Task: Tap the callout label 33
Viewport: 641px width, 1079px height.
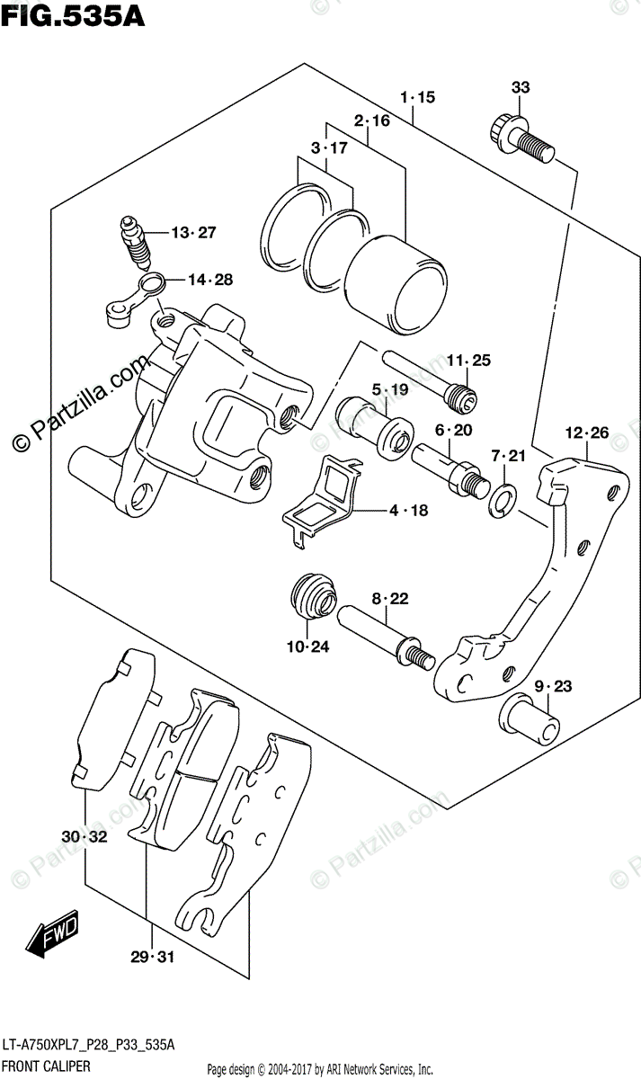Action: [x=521, y=87]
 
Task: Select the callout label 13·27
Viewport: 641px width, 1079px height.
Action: [x=194, y=233]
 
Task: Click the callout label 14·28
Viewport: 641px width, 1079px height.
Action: [x=210, y=280]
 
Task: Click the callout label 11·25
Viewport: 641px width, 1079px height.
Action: [x=469, y=361]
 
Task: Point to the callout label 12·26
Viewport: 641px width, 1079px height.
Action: [x=587, y=432]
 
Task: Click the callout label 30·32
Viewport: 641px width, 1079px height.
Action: [x=85, y=837]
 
